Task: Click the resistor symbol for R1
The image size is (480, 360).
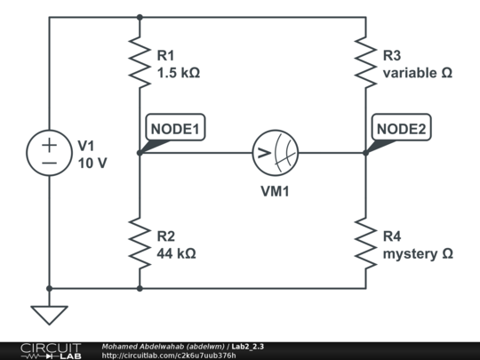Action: (140, 61)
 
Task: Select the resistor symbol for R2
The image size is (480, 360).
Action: (140, 243)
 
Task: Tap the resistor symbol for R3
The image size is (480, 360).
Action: (365, 61)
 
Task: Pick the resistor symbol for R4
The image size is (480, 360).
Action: (365, 243)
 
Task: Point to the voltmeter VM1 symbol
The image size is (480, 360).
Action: (275, 153)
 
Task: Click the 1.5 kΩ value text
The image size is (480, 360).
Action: (178, 73)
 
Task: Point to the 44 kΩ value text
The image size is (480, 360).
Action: (176, 253)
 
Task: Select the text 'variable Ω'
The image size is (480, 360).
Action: (417, 73)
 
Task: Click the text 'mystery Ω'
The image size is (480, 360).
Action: (417, 253)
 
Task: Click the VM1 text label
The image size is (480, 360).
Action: (275, 189)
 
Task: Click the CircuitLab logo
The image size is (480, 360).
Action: (51, 350)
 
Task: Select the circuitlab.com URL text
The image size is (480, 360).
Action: (169, 356)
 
